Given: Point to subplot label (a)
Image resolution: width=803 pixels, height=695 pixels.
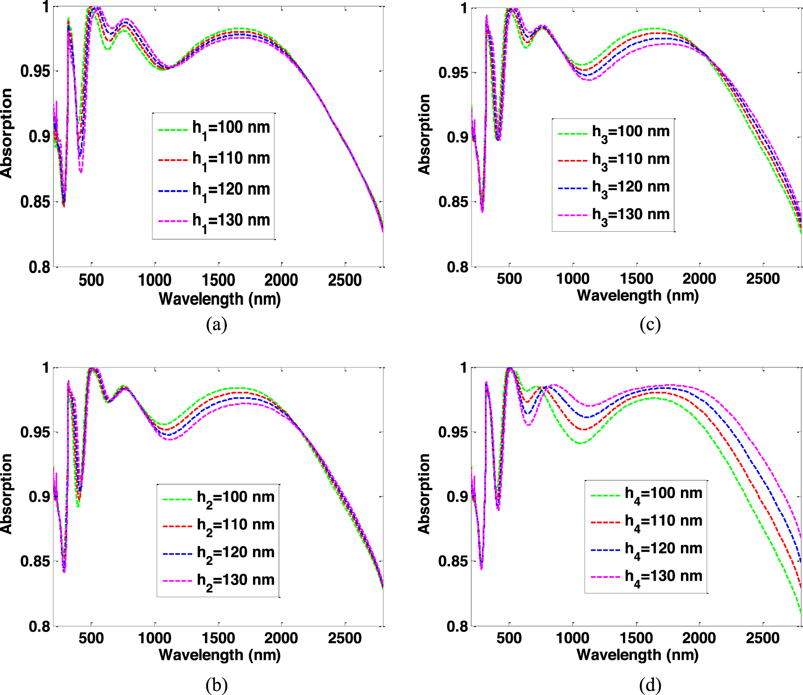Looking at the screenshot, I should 217,324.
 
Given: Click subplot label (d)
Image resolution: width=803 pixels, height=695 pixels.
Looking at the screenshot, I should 650,686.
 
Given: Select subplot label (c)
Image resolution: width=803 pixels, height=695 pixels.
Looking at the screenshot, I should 650,324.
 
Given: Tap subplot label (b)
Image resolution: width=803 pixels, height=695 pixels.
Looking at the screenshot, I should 217,686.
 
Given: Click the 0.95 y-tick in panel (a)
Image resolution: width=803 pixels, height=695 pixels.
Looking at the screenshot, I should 35,72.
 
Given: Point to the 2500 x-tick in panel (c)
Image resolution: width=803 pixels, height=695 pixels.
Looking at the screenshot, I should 763,279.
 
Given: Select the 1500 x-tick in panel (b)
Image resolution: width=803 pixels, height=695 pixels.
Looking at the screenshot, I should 218,638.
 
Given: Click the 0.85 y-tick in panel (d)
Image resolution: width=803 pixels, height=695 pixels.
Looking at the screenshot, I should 453,561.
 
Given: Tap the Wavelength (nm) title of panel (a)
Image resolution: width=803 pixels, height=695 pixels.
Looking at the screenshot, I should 220,299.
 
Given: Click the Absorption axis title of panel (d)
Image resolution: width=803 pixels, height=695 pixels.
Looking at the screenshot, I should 424,494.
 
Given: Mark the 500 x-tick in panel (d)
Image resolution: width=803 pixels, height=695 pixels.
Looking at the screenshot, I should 509,638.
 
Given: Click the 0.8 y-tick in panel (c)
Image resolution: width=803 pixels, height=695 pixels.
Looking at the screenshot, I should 457,267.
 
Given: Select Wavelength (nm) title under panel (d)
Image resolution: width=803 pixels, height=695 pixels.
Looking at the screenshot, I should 637,655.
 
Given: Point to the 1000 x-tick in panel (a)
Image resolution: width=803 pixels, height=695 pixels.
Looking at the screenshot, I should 155,280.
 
